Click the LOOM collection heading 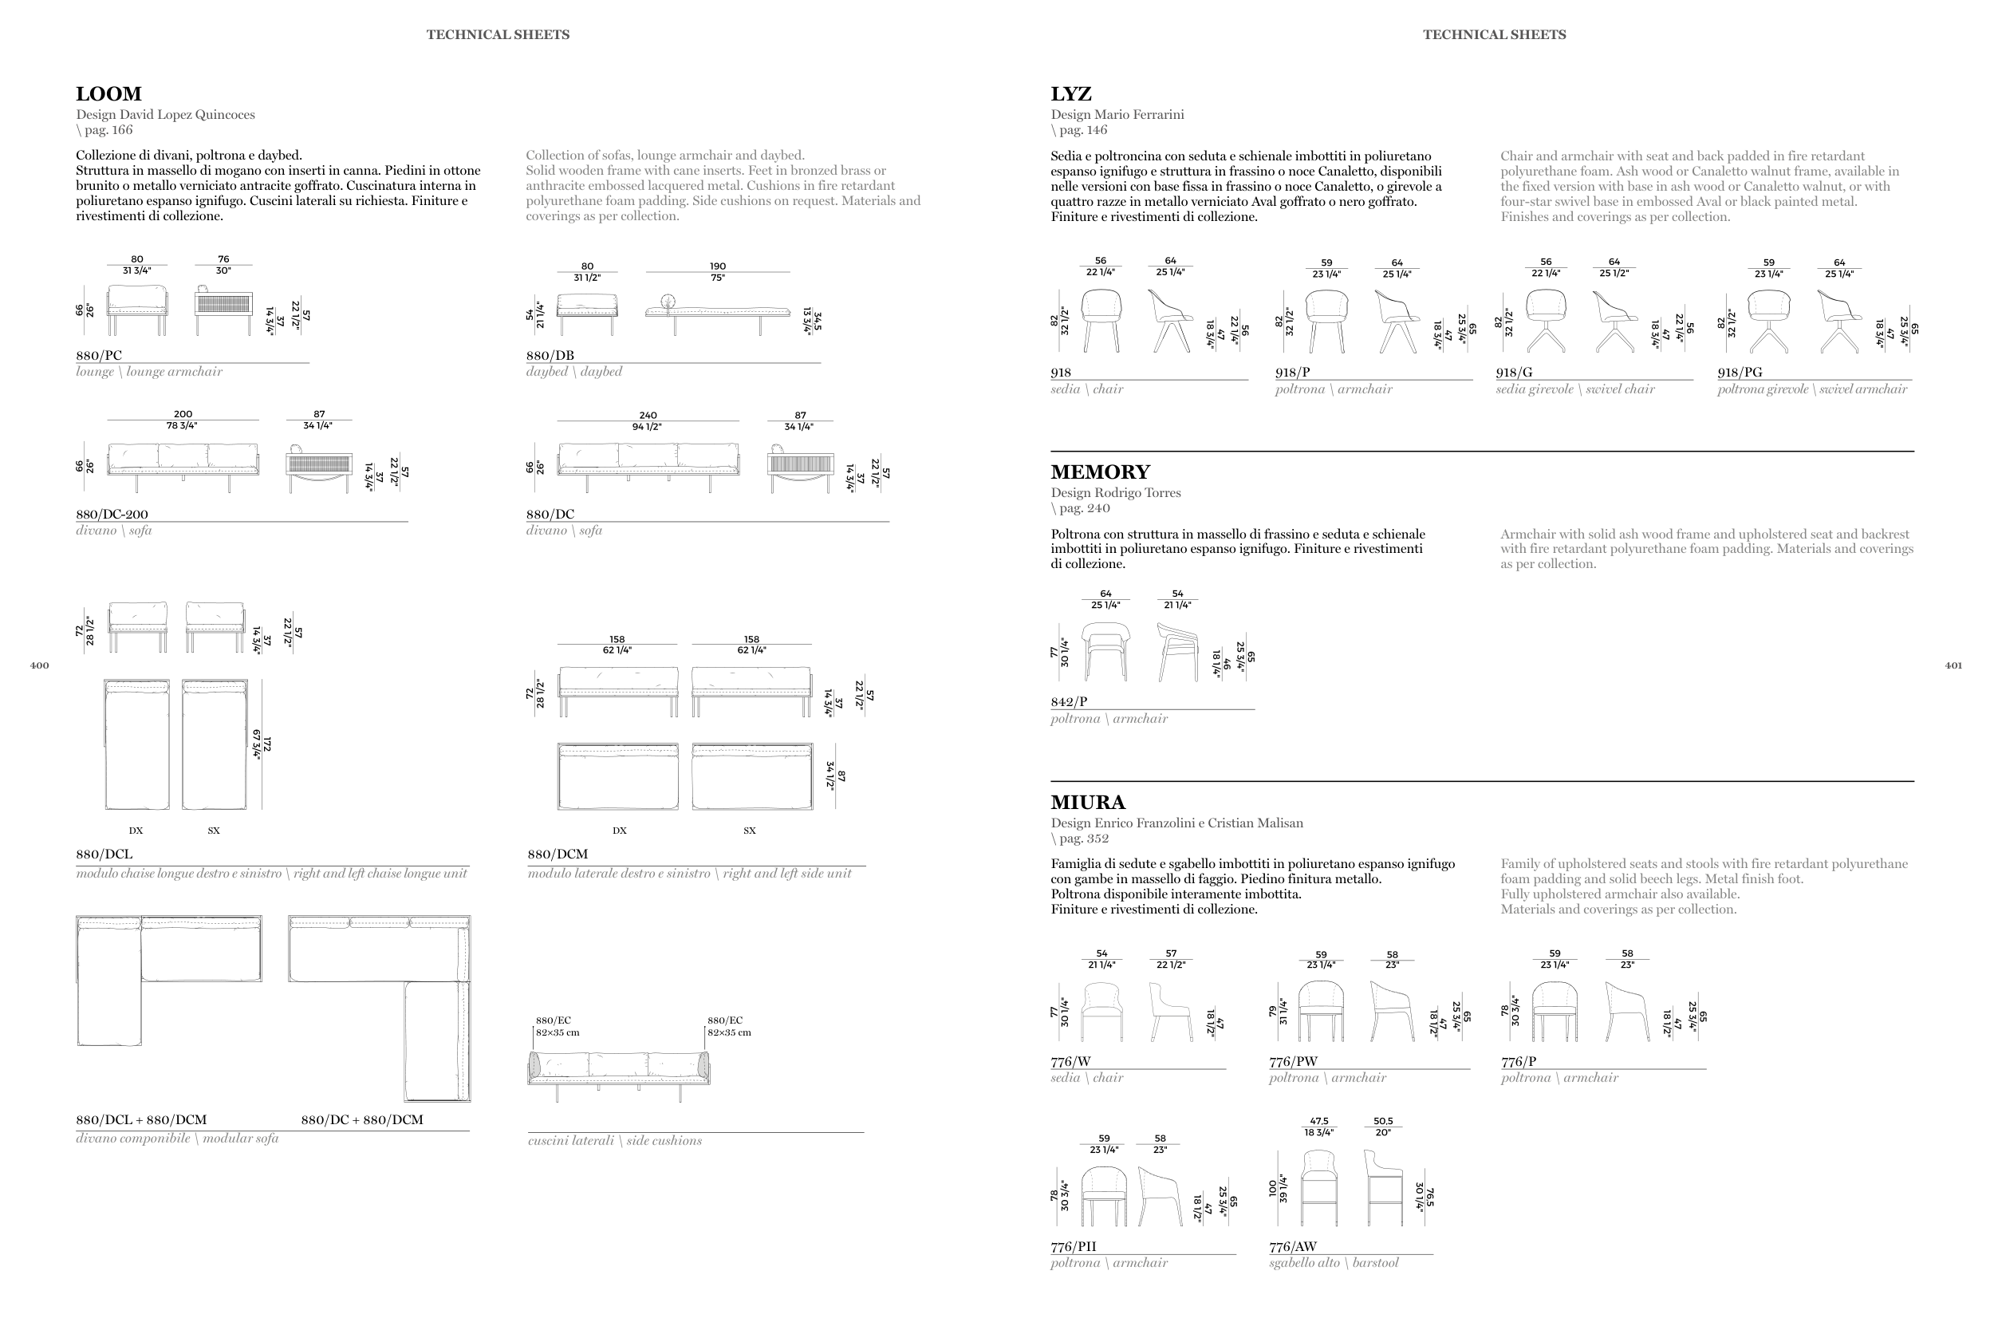point(108,94)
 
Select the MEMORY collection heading point(1100,472)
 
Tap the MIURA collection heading point(1088,803)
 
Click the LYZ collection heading point(1070,94)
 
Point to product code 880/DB point(550,355)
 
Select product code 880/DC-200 point(112,514)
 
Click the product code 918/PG point(1740,373)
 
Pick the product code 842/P point(1068,702)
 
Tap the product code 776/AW point(1293,1247)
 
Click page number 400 point(39,666)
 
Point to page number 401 point(1953,666)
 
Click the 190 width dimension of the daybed point(717,266)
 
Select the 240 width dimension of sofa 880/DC point(648,416)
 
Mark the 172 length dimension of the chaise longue point(266,744)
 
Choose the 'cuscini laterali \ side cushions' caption point(615,1141)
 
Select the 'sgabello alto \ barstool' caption point(1334,1263)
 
